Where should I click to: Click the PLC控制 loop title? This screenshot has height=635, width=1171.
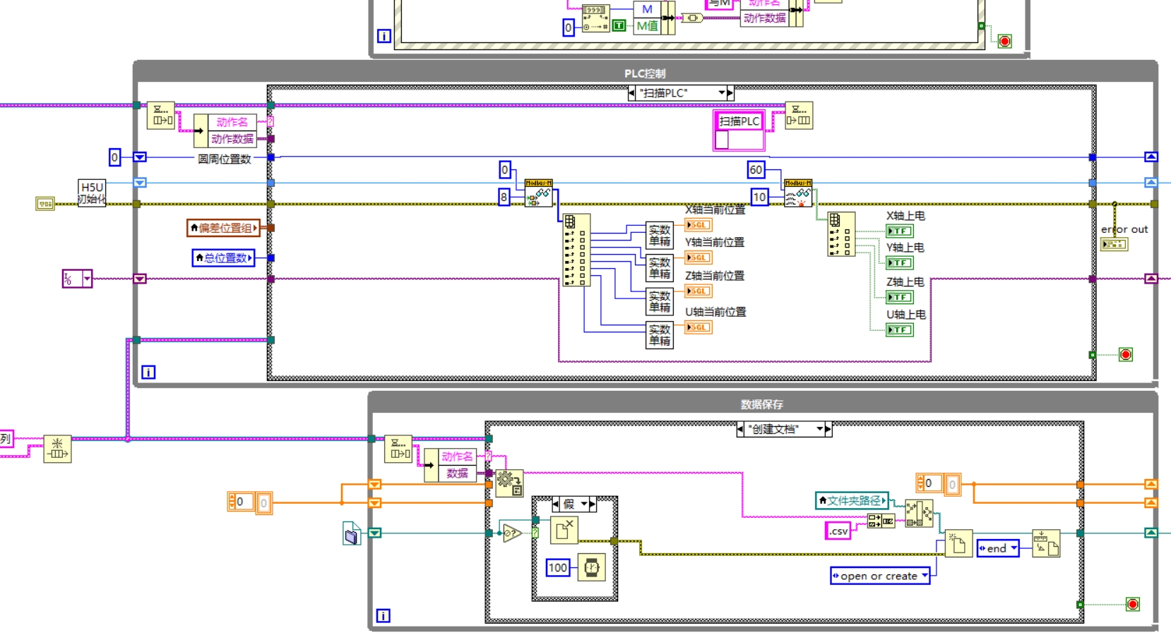[x=644, y=73]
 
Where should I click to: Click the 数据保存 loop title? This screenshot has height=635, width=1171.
[x=761, y=404]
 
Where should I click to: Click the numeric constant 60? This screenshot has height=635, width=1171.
[x=756, y=169]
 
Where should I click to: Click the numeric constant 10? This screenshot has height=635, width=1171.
[x=759, y=197]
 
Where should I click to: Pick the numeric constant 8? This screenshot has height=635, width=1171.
[x=504, y=197]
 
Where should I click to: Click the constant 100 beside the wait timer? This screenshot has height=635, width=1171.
[x=557, y=567]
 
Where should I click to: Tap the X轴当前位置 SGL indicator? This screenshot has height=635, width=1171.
[x=698, y=225]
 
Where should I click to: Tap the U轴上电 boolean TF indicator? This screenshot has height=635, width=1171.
[x=900, y=329]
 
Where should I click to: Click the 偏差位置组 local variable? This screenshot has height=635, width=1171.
[x=224, y=228]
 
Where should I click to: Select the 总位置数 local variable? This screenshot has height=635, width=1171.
[x=224, y=258]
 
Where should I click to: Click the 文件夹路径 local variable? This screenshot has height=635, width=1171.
[x=852, y=500]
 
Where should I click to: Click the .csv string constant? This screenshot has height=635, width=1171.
[x=838, y=531]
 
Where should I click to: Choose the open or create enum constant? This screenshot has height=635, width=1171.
[x=879, y=576]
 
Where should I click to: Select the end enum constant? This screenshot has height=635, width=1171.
[x=997, y=548]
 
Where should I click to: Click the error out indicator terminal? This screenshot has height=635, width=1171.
[x=1114, y=244]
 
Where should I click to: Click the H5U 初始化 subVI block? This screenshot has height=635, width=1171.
[x=92, y=193]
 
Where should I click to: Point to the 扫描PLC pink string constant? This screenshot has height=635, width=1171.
[x=739, y=121]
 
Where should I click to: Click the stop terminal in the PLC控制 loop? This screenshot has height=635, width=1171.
[x=1126, y=354]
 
